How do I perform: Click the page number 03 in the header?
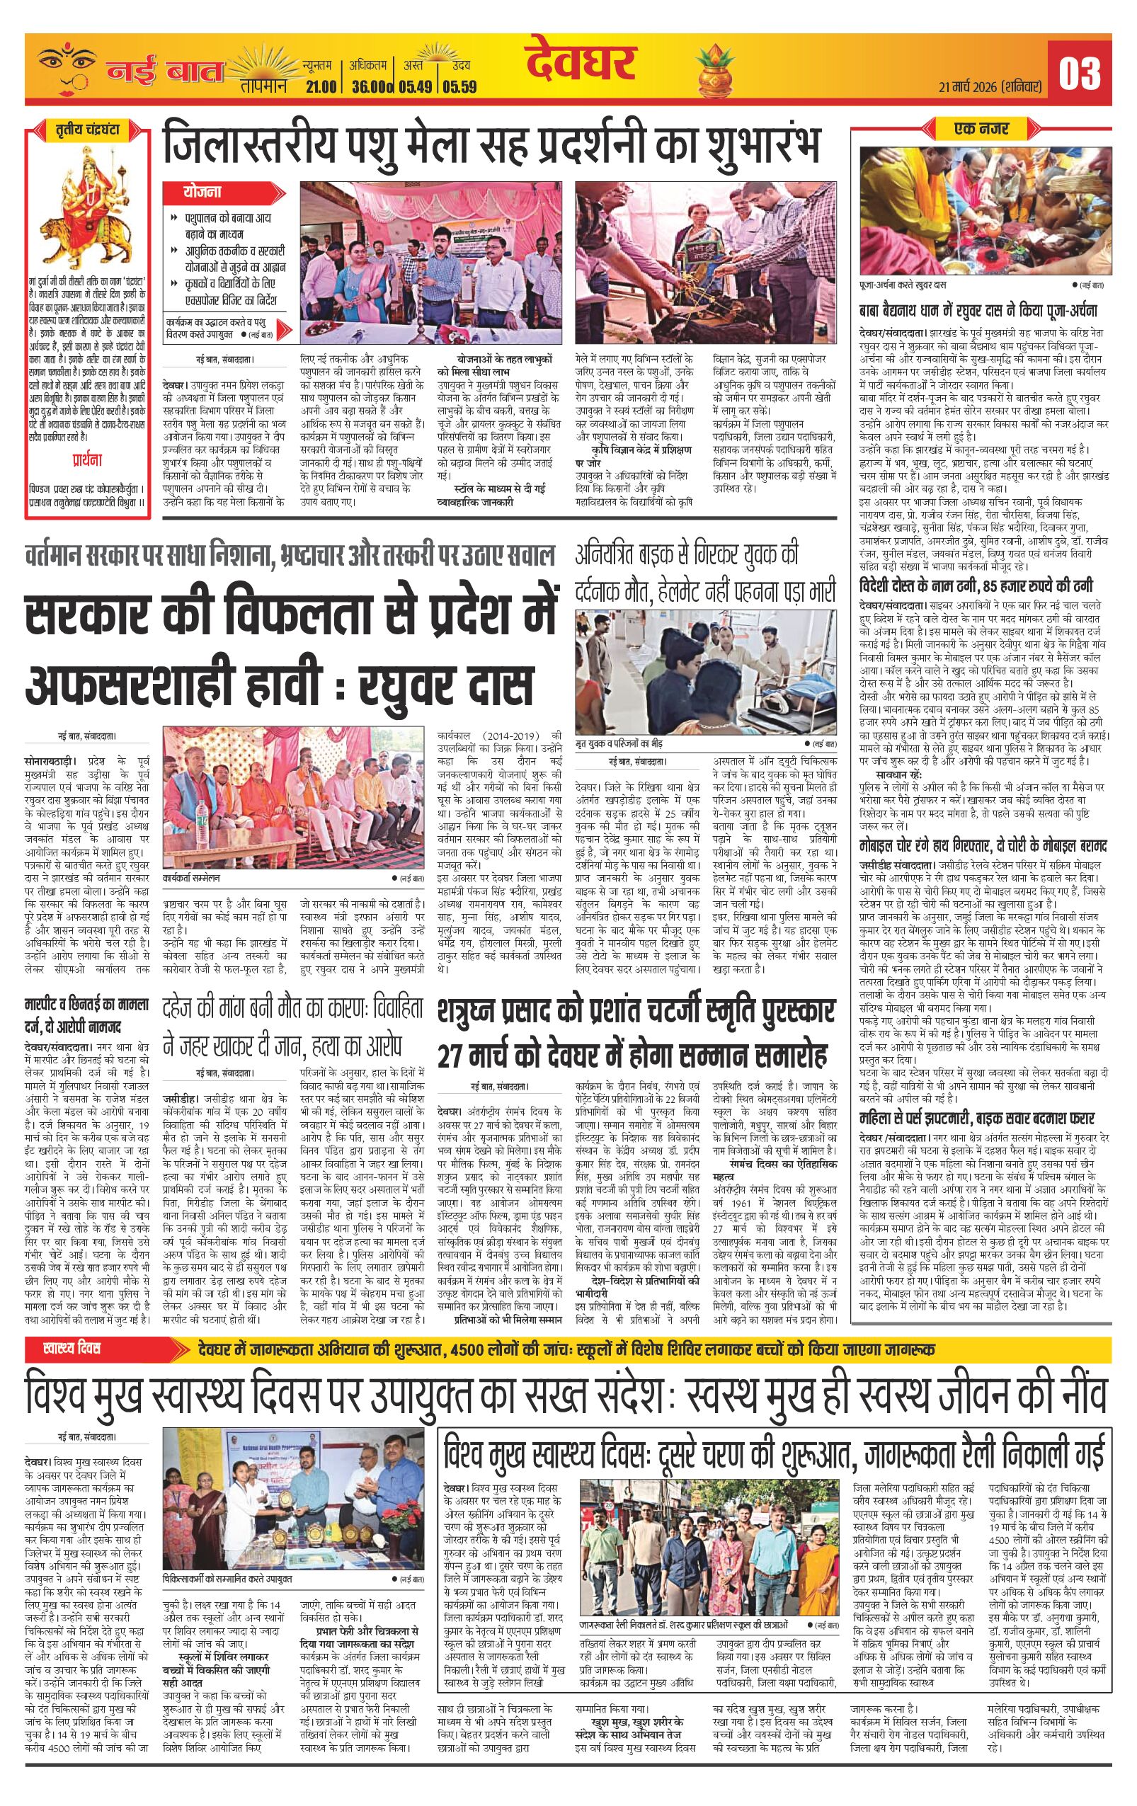click(x=1079, y=74)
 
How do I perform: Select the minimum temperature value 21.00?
click(x=320, y=87)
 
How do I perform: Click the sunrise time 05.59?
click(x=459, y=87)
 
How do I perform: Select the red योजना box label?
click(x=202, y=193)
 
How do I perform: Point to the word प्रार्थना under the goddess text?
click(x=88, y=459)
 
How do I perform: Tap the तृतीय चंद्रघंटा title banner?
click(x=88, y=129)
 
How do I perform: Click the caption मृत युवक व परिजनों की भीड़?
click(x=627, y=743)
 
